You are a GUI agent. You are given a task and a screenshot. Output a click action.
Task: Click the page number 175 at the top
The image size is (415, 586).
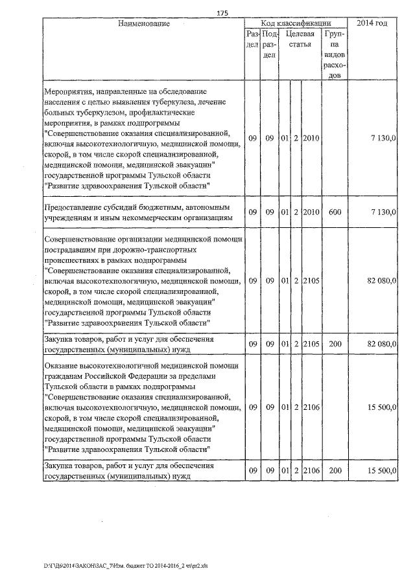[x=223, y=12]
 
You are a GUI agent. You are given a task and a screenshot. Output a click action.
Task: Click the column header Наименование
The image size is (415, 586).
[x=144, y=23]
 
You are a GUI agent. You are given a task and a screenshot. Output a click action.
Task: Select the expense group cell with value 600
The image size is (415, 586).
[x=335, y=212]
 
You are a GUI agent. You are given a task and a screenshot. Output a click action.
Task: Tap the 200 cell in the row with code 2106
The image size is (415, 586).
[x=335, y=471]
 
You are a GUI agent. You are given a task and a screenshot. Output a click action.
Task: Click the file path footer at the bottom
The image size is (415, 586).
[x=126, y=567]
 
